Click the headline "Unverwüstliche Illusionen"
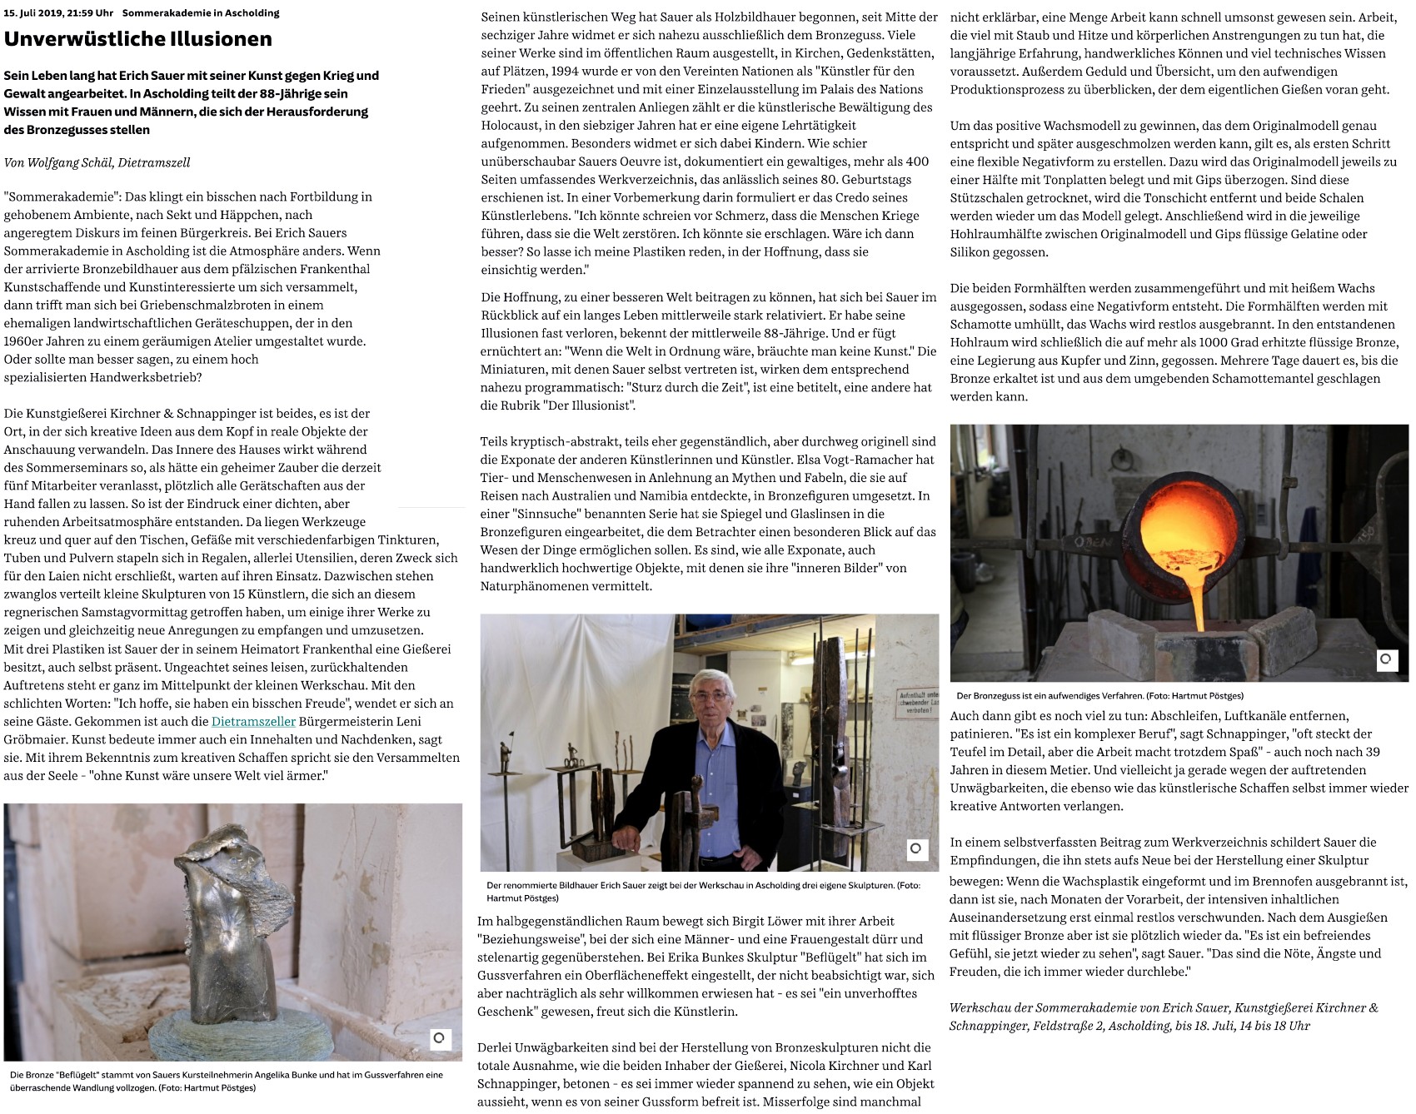pyautogui.click(x=137, y=39)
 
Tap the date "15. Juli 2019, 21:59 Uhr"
pyautogui.click(x=58, y=13)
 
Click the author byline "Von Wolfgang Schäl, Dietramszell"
pyautogui.click(x=97, y=162)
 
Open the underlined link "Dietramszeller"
pyautogui.click(x=253, y=721)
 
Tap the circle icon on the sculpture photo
pyautogui.click(x=440, y=1037)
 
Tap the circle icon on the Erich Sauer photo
pyautogui.click(x=915, y=848)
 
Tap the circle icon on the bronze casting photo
pyautogui.click(x=1386, y=659)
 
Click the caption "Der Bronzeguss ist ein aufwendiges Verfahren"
pyautogui.click(x=1099, y=695)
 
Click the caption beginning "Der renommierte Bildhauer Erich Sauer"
pyautogui.click(x=704, y=891)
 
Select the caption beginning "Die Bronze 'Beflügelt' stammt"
pyautogui.click(x=226, y=1081)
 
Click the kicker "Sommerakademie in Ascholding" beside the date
pyautogui.click(x=201, y=13)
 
